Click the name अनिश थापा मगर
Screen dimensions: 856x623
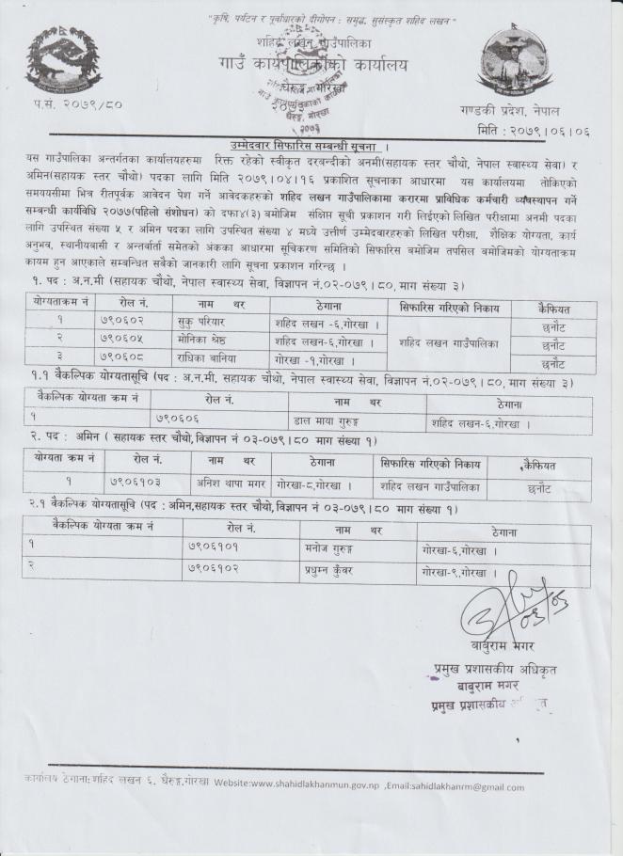point(235,488)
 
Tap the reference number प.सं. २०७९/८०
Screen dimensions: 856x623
point(68,126)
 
